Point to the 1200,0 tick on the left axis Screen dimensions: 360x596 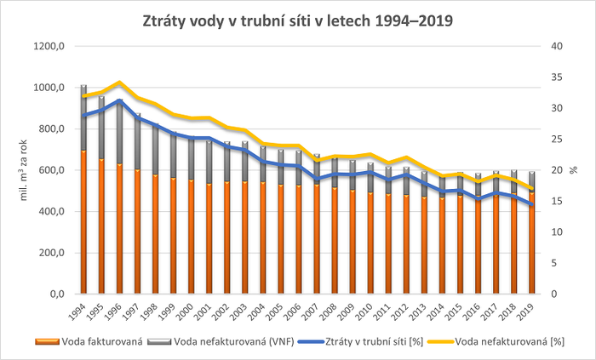pos(49,47)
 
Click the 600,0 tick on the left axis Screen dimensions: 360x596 pos(50,170)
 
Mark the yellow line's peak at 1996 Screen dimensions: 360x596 pos(118,83)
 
